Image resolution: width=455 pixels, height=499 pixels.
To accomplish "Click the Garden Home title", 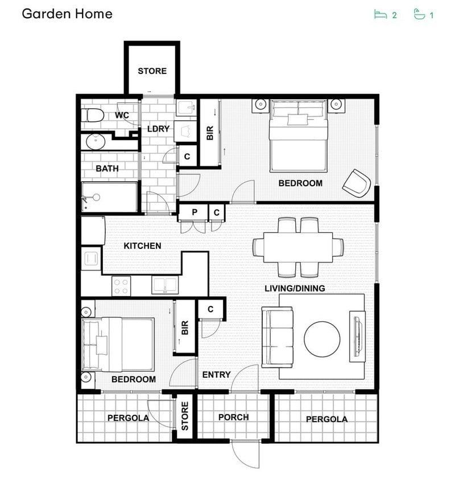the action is click(x=67, y=14).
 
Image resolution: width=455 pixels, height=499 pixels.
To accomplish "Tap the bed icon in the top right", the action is click(x=380, y=15).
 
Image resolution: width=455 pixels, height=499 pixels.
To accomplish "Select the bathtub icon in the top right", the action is click(x=419, y=14).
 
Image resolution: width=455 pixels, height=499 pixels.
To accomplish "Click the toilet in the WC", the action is click(x=92, y=115).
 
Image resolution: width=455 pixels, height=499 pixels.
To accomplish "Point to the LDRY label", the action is click(x=158, y=129).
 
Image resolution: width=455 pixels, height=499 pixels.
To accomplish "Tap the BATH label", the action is click(x=107, y=169).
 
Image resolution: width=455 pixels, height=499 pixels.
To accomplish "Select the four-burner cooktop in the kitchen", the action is click(x=121, y=286).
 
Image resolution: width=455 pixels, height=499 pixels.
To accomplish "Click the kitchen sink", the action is click(x=165, y=285).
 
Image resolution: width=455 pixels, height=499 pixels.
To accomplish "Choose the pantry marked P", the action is click(x=194, y=212).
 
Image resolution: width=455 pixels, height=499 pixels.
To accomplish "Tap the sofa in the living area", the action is click(x=277, y=337).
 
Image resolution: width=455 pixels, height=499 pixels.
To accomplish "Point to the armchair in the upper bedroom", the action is click(x=357, y=183).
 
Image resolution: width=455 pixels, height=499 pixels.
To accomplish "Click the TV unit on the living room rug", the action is click(x=357, y=337).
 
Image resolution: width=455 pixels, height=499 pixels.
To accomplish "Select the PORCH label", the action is click(x=234, y=417).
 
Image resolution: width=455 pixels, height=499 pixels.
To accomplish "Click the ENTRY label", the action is click(x=216, y=375).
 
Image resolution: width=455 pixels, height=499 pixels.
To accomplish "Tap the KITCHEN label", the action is click(x=142, y=246).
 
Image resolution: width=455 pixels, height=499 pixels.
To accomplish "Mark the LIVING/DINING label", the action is click(x=295, y=288).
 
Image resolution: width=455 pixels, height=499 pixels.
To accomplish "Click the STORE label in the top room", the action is click(x=152, y=71).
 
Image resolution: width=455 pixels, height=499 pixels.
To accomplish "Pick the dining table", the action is click(x=298, y=248).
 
